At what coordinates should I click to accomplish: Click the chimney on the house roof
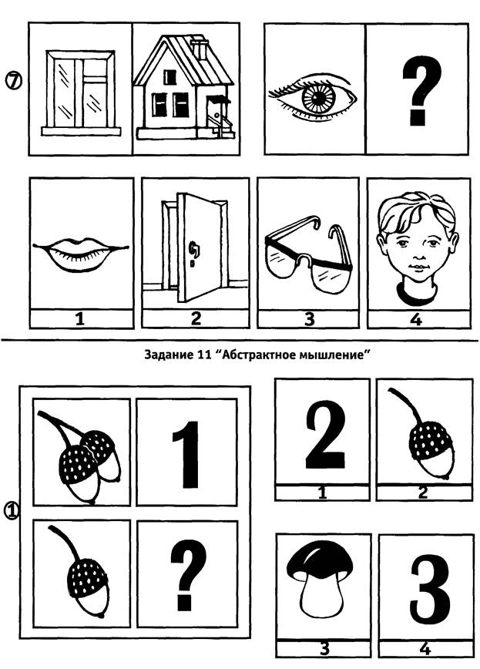pos(200,48)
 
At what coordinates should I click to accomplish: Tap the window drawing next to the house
pos(81,92)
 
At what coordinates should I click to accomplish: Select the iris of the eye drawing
pos(318,97)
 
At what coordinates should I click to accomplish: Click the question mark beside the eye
pos(420,90)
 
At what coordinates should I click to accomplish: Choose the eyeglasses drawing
pos(308,255)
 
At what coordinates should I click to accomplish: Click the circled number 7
pos(14,81)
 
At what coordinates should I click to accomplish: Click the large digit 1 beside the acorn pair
pos(186,455)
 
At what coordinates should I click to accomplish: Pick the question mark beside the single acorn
pos(188,574)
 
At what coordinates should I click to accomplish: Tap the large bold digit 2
pos(324,435)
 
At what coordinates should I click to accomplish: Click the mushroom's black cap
pos(321,560)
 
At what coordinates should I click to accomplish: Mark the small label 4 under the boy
pos(416,319)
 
